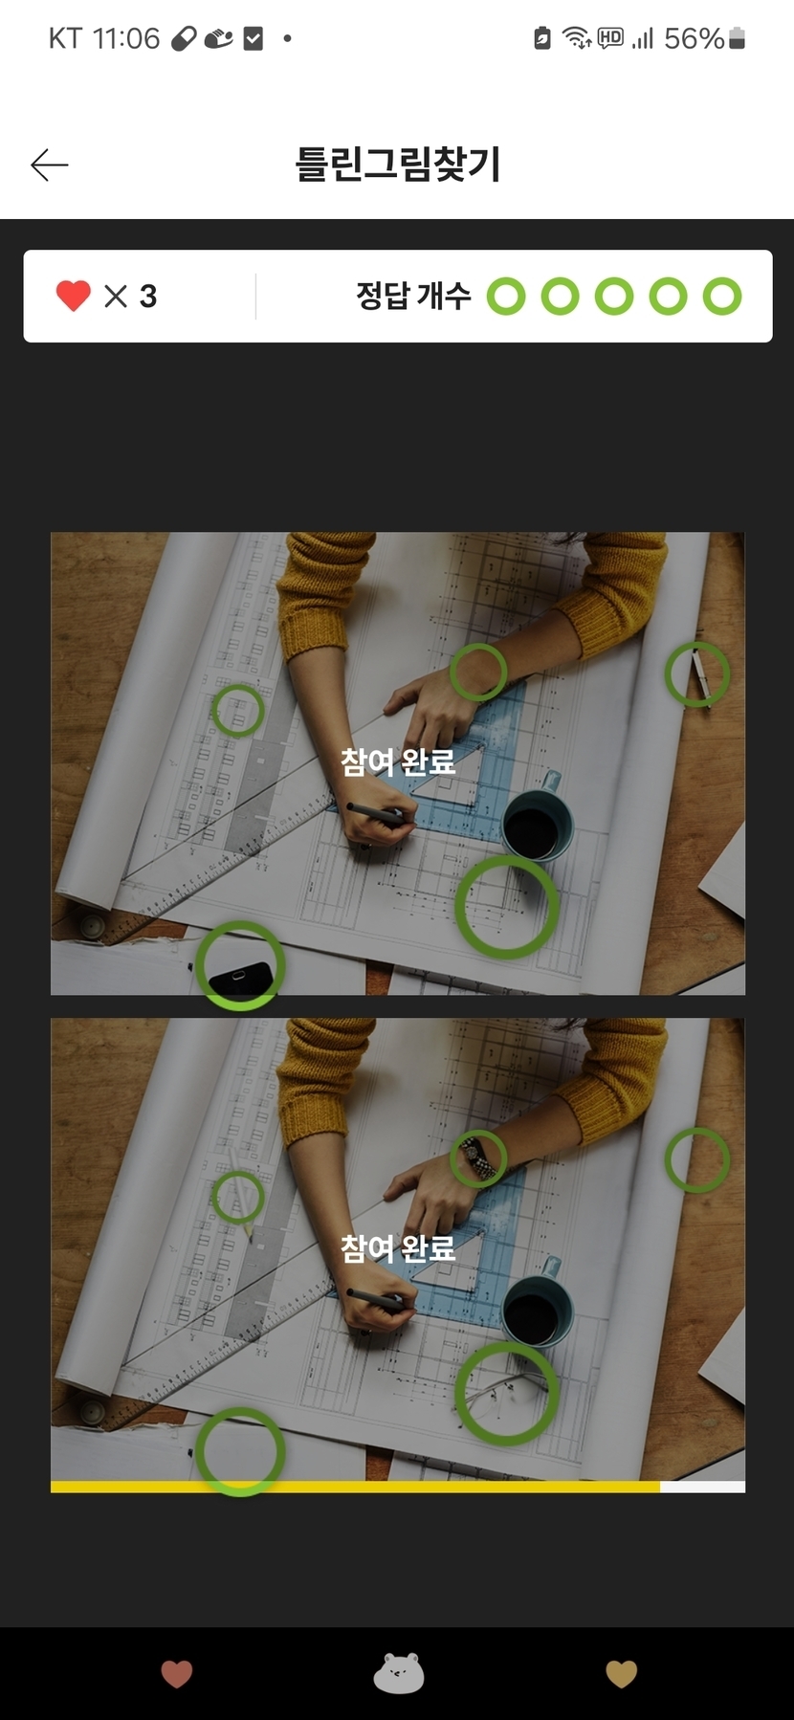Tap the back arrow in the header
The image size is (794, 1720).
tap(50, 165)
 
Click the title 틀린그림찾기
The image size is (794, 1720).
tap(397, 164)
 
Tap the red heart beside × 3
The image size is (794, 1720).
tap(74, 296)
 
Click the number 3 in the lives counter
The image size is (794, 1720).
tap(148, 297)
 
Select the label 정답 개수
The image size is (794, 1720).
tap(413, 296)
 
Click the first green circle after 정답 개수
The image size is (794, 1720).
tap(506, 297)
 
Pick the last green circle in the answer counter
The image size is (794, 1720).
tap(722, 297)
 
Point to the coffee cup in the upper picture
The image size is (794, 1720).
tap(538, 820)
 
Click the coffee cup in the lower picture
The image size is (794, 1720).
tap(538, 1306)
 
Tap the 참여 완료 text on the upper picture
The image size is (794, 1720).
tap(398, 761)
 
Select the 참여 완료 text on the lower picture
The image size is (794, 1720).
tap(398, 1247)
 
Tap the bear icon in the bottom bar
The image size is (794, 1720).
tap(398, 1673)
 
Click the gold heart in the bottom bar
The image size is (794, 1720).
tap(622, 1674)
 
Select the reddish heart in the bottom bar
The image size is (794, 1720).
tap(177, 1674)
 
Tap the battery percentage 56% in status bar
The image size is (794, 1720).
tap(694, 38)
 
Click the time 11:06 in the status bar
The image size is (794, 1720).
tap(126, 38)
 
